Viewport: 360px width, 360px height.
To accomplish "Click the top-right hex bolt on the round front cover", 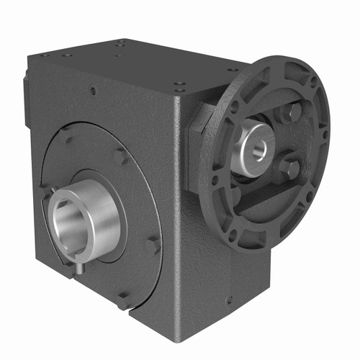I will tap(119, 156).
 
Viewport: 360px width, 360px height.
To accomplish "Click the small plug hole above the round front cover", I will tap(94, 92).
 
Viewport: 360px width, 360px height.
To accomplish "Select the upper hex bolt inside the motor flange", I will tap(292, 113).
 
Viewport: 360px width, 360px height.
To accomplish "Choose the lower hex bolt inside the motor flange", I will tap(288, 168).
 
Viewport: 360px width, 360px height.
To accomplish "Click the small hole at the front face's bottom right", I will tap(229, 301).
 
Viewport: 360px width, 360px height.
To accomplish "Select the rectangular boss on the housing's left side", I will tap(27, 94).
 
